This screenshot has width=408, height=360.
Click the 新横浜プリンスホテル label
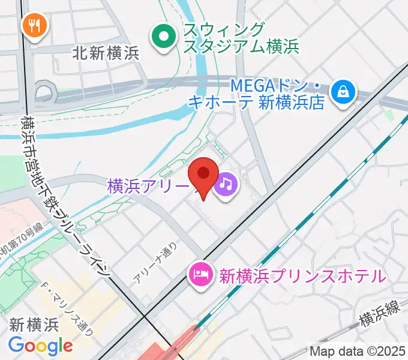point(302,276)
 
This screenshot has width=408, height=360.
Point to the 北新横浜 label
point(105,53)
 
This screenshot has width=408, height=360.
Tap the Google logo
point(40,346)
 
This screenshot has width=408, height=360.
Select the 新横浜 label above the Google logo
point(34,325)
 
